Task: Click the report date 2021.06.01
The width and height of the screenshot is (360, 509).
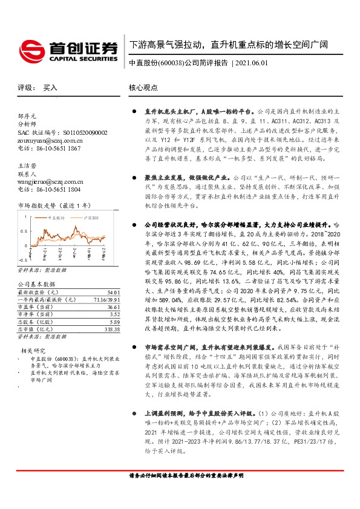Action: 255,63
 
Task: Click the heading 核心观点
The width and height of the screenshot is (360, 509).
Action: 143,88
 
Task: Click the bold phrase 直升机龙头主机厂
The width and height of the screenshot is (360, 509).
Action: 168,112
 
